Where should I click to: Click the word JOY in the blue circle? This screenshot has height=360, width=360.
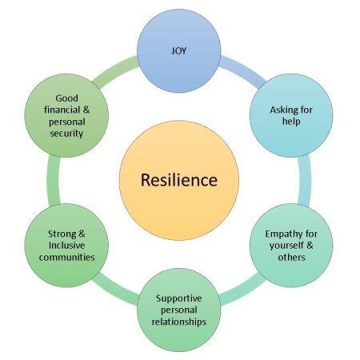178,50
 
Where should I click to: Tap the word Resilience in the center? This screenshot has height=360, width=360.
179,180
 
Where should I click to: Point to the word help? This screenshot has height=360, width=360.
291,122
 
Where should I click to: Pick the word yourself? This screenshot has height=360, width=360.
286,246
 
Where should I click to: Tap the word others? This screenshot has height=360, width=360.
291,258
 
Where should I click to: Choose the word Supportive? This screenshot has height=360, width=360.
178,298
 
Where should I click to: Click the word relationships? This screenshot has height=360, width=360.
179,322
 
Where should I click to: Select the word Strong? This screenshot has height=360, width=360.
62,234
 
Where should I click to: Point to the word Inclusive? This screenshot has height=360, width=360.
66,246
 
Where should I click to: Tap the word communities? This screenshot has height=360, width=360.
66,258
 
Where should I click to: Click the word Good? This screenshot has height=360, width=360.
66,98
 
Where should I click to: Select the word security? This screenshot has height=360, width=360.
66,133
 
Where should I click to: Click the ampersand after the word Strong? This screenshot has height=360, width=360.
82,234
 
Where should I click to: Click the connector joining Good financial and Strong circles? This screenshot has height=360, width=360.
54,180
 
